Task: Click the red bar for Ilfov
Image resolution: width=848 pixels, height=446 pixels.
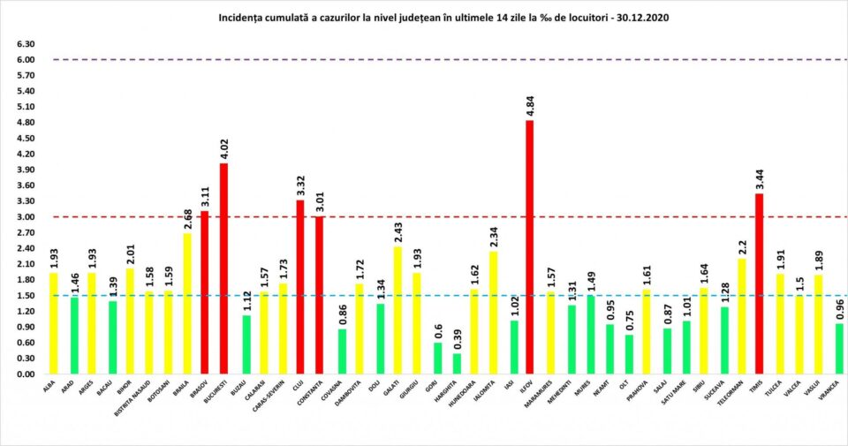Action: pyautogui.click(x=529, y=247)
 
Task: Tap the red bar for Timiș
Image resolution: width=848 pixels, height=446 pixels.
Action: pyautogui.click(x=759, y=283)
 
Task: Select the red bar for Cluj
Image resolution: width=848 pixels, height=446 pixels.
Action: pyautogui.click(x=300, y=287)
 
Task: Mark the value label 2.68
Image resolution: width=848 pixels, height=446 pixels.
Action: pyautogui.click(x=185, y=218)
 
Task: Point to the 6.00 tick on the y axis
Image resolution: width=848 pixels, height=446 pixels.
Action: pyautogui.click(x=25, y=60)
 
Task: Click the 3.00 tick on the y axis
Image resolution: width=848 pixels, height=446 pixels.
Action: pyautogui.click(x=25, y=217)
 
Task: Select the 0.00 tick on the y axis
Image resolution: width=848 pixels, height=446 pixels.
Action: pyautogui.click(x=25, y=374)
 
